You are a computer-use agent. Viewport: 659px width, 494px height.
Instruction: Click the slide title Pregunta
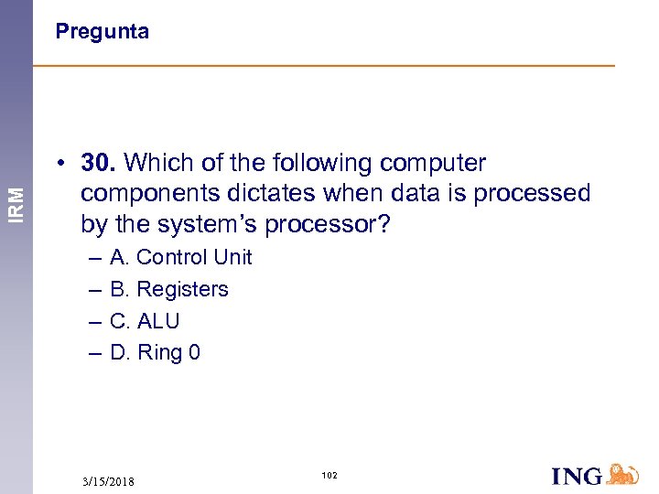(x=102, y=32)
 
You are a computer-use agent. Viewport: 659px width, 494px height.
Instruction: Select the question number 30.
(x=98, y=163)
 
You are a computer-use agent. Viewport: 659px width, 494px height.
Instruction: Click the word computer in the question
(x=433, y=163)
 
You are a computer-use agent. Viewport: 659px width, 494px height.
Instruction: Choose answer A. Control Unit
(x=180, y=258)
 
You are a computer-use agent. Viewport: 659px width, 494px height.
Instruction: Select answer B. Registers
(x=168, y=289)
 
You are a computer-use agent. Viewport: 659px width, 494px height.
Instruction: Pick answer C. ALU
(x=145, y=321)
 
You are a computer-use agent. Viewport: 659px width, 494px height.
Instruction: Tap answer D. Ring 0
(x=155, y=352)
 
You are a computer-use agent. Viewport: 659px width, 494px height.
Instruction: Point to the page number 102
(x=329, y=475)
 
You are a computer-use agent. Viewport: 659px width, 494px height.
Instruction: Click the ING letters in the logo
(x=578, y=476)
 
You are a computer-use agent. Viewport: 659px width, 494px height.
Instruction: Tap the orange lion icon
(x=623, y=474)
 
